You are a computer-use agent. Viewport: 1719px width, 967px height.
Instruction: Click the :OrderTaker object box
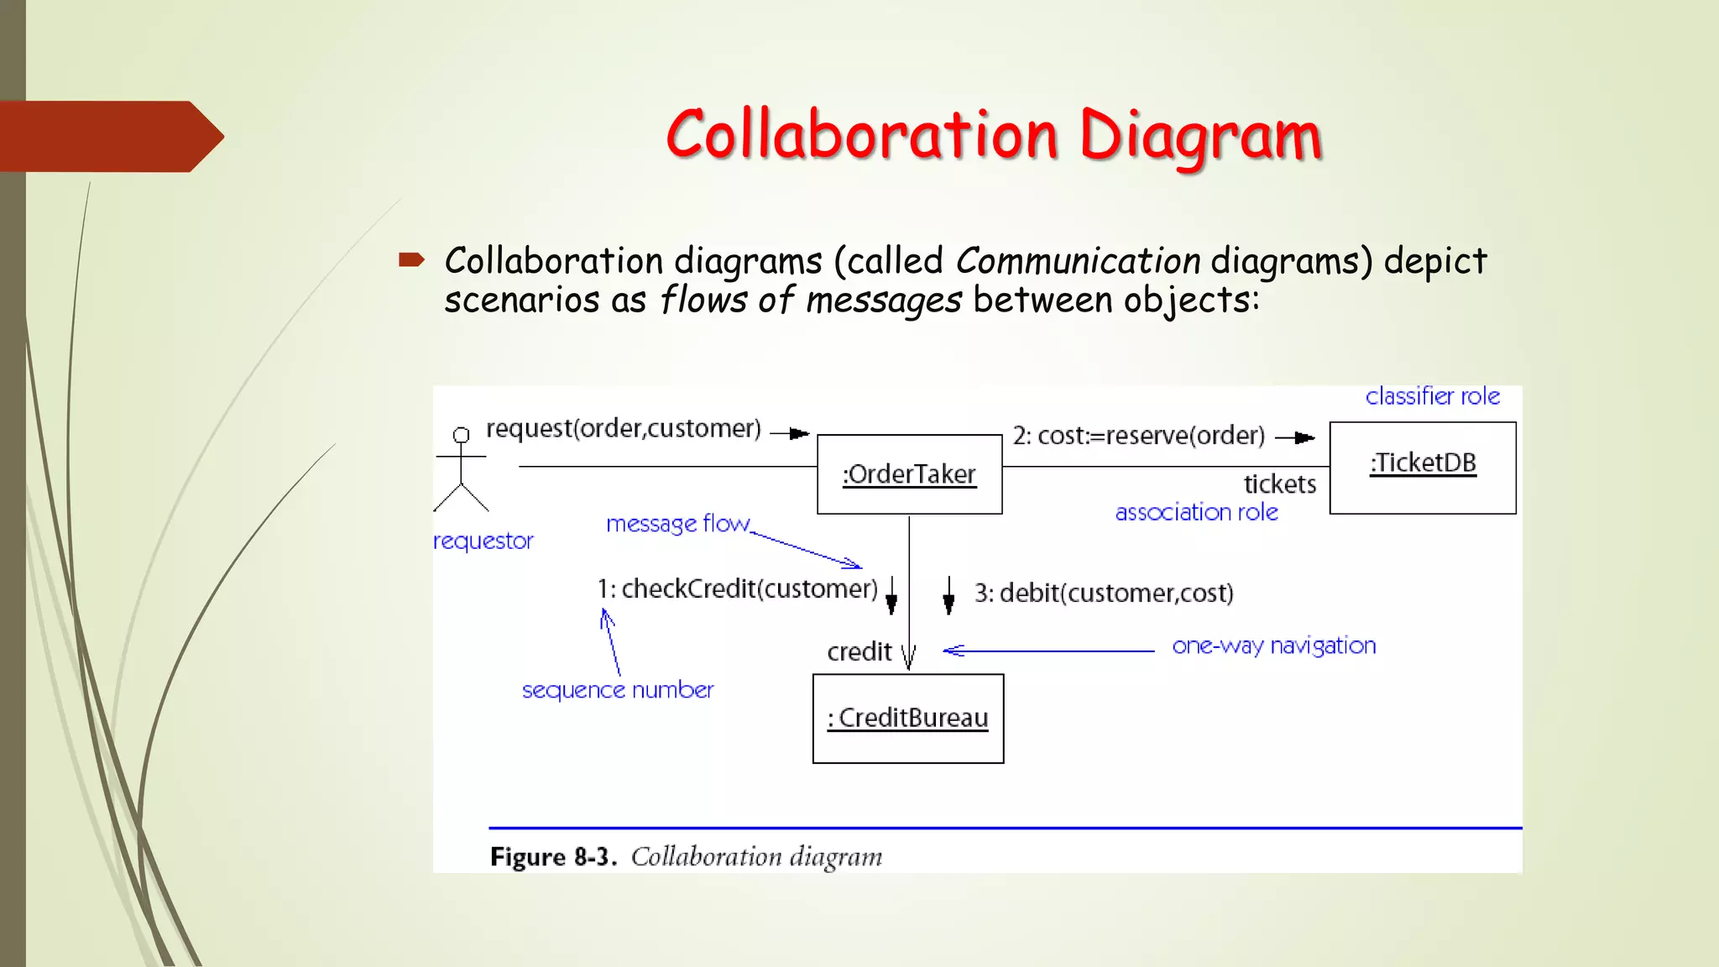click(909, 474)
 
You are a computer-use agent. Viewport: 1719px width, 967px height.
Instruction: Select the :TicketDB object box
click(1423, 468)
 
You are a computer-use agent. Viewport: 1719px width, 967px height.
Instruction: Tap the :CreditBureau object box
click(908, 719)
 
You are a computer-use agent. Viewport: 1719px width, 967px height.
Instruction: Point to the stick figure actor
click(461, 469)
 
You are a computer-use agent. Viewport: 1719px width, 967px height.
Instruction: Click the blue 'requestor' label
click(483, 541)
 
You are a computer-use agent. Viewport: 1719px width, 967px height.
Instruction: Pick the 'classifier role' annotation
click(1432, 396)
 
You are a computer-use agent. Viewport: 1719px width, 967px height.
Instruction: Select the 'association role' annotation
click(1196, 512)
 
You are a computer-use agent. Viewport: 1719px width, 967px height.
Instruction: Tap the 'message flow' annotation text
click(677, 524)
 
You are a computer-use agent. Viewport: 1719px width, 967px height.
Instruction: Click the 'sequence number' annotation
click(618, 690)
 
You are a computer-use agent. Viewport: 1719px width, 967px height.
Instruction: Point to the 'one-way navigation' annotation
click(1273, 646)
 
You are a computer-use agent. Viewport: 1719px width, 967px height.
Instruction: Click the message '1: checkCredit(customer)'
click(737, 589)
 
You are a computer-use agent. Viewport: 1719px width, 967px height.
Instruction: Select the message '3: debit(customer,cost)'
click(1104, 593)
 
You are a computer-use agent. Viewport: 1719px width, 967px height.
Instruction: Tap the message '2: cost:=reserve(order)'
click(1138, 436)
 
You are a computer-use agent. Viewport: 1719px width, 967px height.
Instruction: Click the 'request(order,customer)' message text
click(623, 429)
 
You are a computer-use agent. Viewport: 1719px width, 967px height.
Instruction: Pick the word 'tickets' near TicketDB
click(1279, 484)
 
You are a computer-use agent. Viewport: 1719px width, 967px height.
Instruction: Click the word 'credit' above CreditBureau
click(859, 652)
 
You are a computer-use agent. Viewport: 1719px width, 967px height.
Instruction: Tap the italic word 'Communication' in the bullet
click(1078, 261)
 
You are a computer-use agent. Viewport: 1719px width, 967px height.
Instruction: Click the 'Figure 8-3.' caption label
click(553, 857)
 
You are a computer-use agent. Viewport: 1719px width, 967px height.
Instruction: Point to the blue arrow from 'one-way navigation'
click(1049, 651)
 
